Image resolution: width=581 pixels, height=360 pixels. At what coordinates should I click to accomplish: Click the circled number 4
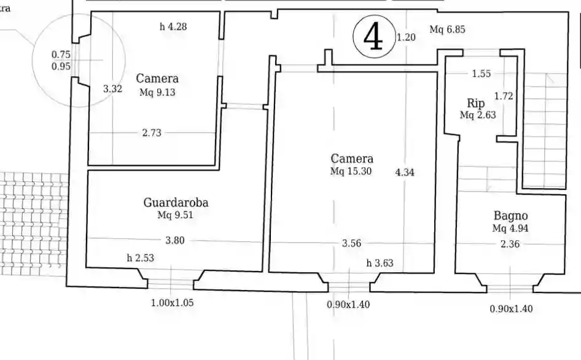click(373, 37)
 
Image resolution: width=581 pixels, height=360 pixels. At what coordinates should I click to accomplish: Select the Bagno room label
click(510, 216)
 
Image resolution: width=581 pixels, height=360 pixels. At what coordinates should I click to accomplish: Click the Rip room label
click(475, 103)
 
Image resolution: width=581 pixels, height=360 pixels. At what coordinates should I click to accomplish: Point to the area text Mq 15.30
click(351, 171)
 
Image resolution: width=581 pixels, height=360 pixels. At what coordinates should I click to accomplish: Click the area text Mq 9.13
click(157, 92)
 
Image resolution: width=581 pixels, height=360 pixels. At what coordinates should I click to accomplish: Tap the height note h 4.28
click(173, 26)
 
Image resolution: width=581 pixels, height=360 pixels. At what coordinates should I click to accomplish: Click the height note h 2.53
click(140, 258)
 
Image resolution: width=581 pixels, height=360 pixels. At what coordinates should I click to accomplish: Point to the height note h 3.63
click(380, 264)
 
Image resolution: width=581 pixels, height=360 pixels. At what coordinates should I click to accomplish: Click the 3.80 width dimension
click(175, 240)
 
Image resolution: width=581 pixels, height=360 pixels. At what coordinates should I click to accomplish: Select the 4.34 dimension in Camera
click(405, 173)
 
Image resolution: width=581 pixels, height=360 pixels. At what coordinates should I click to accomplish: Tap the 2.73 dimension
click(152, 133)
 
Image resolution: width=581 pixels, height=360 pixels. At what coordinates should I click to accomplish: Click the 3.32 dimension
click(113, 88)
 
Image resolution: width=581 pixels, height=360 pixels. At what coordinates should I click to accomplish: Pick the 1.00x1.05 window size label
click(173, 303)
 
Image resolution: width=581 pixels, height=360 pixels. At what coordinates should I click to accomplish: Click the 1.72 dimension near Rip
click(503, 95)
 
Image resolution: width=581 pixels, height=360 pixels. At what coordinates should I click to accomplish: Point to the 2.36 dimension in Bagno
click(510, 244)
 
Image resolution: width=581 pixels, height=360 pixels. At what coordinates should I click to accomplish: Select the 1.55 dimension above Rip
click(481, 74)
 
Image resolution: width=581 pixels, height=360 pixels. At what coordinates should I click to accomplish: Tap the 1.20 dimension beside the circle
click(406, 37)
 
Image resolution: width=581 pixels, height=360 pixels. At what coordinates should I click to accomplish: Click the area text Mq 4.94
click(510, 228)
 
